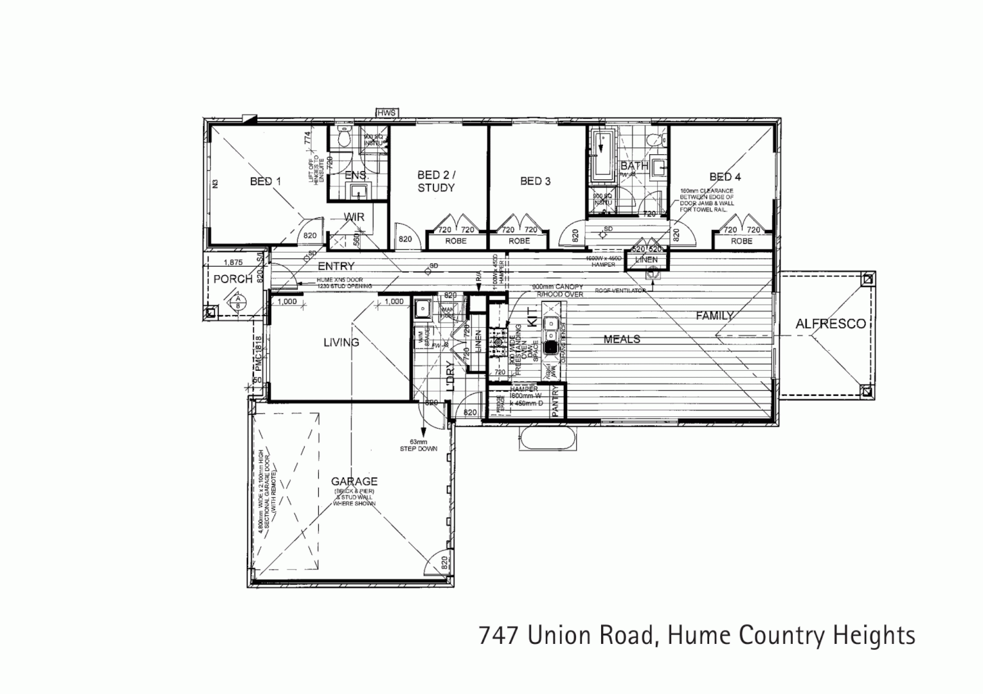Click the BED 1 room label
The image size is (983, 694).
point(266,182)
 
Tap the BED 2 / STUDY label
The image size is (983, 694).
point(436,181)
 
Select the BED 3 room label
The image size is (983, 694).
point(535,181)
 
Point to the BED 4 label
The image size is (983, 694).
point(725,177)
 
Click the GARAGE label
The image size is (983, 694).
point(354,481)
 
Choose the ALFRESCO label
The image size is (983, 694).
point(831,324)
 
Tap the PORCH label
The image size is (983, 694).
point(233,279)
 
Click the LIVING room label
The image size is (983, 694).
point(341,342)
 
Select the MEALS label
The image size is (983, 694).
point(622,339)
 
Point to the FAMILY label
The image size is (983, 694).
point(714,316)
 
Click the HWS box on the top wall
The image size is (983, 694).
point(387,113)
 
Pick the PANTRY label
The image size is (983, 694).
point(556,402)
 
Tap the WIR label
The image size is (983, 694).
point(354,217)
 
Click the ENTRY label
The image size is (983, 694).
point(336,266)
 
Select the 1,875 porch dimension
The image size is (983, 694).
point(233,262)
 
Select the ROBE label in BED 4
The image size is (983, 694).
point(741,241)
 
